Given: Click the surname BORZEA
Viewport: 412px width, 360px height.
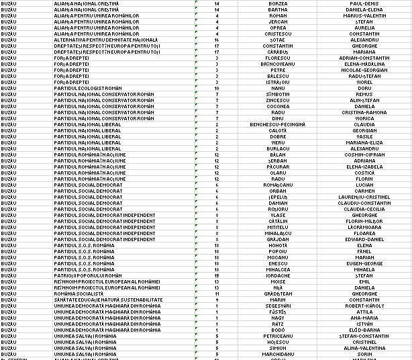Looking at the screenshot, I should click(x=278, y=3).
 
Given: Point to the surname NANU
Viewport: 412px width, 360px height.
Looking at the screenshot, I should click(x=278, y=88).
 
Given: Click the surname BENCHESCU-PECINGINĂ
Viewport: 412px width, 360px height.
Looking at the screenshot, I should click(x=278, y=124).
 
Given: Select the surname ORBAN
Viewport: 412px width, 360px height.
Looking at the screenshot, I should click(x=278, y=191).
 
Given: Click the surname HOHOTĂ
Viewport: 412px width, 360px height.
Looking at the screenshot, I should click(x=278, y=245).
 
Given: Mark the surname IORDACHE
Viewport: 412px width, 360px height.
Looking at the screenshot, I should click(x=278, y=275).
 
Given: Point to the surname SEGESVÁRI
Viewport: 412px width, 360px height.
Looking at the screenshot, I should click(x=278, y=306).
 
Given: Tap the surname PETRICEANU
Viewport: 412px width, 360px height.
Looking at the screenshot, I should click(x=278, y=336).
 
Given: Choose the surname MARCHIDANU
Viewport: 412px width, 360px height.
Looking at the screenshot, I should click(x=278, y=354).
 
